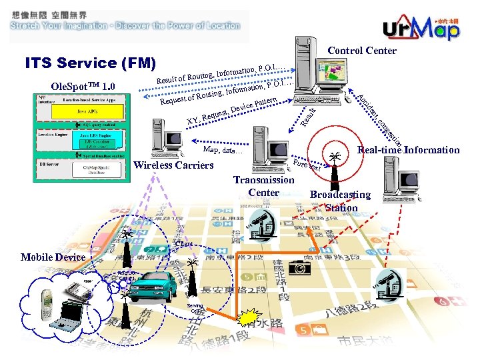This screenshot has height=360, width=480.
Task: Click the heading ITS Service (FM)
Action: (x=90, y=63)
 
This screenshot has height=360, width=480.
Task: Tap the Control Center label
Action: (x=362, y=51)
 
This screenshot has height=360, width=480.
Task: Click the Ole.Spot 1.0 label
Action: (x=83, y=86)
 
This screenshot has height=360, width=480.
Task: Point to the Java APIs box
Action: (x=81, y=111)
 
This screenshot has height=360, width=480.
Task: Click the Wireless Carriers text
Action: (x=173, y=165)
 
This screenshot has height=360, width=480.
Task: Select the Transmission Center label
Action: (x=263, y=186)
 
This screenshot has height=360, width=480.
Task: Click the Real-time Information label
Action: (x=409, y=150)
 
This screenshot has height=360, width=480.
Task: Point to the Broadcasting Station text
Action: (x=341, y=201)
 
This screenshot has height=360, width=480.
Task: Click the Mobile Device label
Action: (x=53, y=257)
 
